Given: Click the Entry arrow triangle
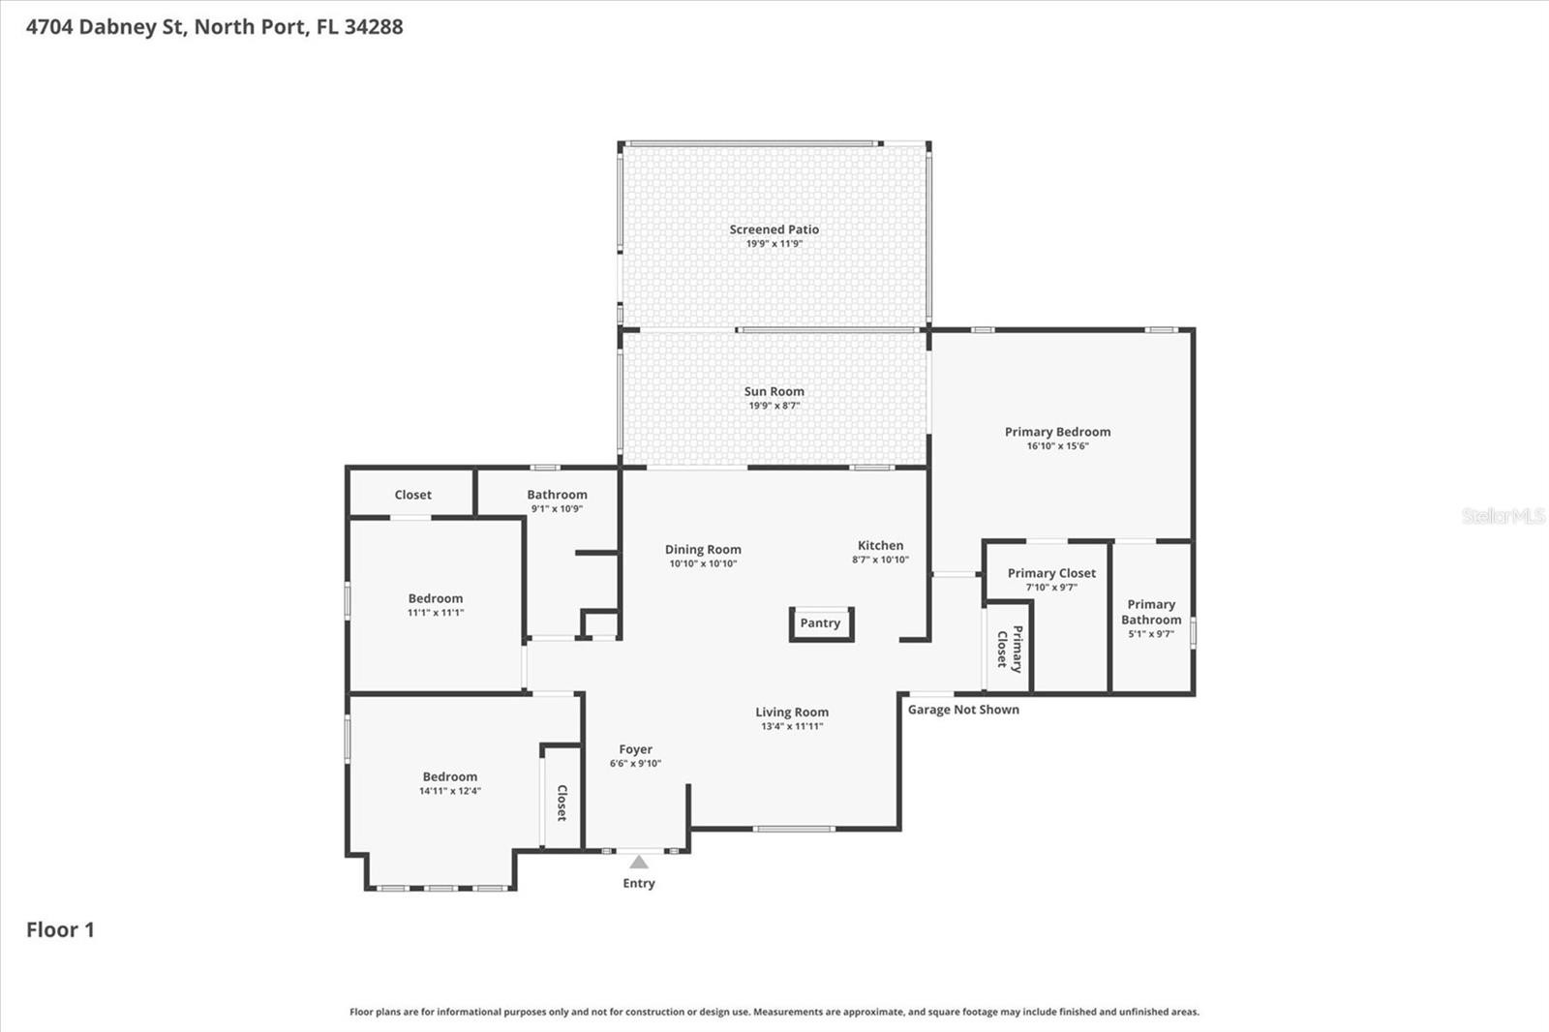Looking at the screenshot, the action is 638,862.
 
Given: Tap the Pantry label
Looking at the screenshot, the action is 820,622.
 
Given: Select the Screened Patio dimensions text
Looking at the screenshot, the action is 774,243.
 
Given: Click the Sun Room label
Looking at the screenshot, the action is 774,391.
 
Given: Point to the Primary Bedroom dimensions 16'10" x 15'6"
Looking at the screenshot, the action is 1057,445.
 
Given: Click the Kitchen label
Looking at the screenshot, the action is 880,545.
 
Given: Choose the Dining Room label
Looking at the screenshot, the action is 703,549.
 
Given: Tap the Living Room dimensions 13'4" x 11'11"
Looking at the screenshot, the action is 792,725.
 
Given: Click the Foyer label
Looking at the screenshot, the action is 635,749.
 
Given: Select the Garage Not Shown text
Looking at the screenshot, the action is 963,709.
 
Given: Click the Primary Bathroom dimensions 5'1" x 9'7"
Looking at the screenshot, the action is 1151,633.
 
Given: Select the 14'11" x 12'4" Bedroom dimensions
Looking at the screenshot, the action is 449,791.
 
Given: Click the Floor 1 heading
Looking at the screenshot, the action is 60,929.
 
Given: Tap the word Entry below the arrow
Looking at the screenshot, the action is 638,883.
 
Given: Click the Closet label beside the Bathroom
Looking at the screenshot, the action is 412,495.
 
